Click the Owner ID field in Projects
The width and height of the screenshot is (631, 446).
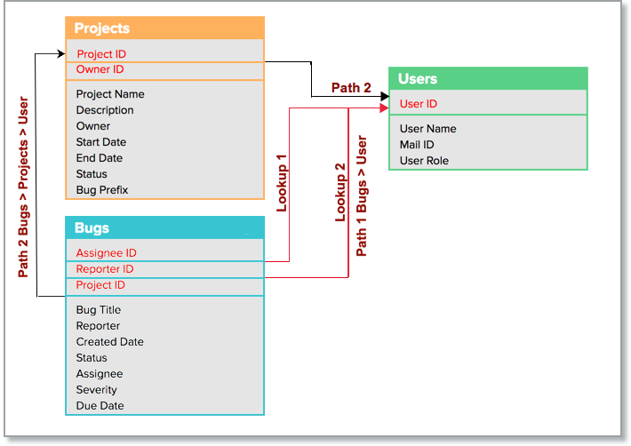click(x=100, y=70)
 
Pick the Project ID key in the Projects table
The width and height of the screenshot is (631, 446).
click(x=101, y=54)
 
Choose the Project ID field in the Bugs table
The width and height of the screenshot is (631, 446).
click(x=100, y=285)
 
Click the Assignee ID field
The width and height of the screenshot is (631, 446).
click(x=106, y=253)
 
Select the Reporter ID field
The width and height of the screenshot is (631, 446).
click(x=105, y=269)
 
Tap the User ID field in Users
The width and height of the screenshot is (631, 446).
click(x=419, y=104)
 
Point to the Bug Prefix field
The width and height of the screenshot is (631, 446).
click(x=103, y=190)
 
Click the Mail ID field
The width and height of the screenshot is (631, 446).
click(x=417, y=145)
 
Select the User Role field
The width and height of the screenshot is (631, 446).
click(x=424, y=161)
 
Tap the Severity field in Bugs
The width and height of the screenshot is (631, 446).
click(x=96, y=390)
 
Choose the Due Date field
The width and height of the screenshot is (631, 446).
click(x=100, y=406)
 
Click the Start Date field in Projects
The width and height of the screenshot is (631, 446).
click(x=101, y=142)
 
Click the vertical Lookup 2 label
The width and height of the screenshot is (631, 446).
click(x=339, y=192)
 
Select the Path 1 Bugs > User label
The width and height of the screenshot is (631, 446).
click(x=362, y=195)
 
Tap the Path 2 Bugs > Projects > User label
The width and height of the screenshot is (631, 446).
click(x=24, y=187)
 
